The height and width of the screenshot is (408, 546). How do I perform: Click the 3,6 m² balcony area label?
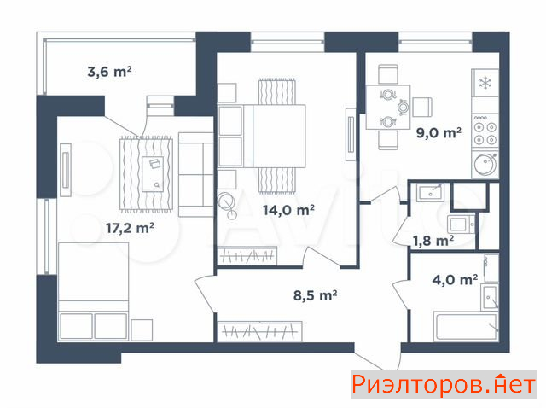(109, 72)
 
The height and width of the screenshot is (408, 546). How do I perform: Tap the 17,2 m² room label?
(130, 228)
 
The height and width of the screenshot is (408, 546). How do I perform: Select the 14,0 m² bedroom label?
(288, 210)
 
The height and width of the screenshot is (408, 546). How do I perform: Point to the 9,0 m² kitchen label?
(439, 133)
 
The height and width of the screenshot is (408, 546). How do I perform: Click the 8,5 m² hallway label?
(315, 295)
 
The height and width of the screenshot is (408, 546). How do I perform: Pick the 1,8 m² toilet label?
(433, 241)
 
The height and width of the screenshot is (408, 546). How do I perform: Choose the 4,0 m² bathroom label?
(455, 279)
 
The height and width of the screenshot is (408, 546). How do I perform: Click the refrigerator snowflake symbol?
(485, 84)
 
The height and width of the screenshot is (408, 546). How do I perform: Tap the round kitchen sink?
(485, 164)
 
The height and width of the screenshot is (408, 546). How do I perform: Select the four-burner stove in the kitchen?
(485, 131)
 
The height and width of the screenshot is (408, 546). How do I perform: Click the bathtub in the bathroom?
(466, 326)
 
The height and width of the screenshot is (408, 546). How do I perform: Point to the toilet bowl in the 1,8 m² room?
(461, 224)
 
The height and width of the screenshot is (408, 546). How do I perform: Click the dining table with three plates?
(388, 107)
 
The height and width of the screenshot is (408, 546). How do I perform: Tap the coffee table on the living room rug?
(153, 174)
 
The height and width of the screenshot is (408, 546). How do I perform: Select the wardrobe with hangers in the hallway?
(259, 331)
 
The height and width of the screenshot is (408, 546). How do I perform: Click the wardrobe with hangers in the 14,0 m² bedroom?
(247, 256)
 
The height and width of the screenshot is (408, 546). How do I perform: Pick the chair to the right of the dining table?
(422, 107)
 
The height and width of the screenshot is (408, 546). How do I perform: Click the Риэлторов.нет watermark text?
(444, 385)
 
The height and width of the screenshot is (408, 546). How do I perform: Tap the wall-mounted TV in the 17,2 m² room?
(66, 170)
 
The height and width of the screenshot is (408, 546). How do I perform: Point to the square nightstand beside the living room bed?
(142, 330)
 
